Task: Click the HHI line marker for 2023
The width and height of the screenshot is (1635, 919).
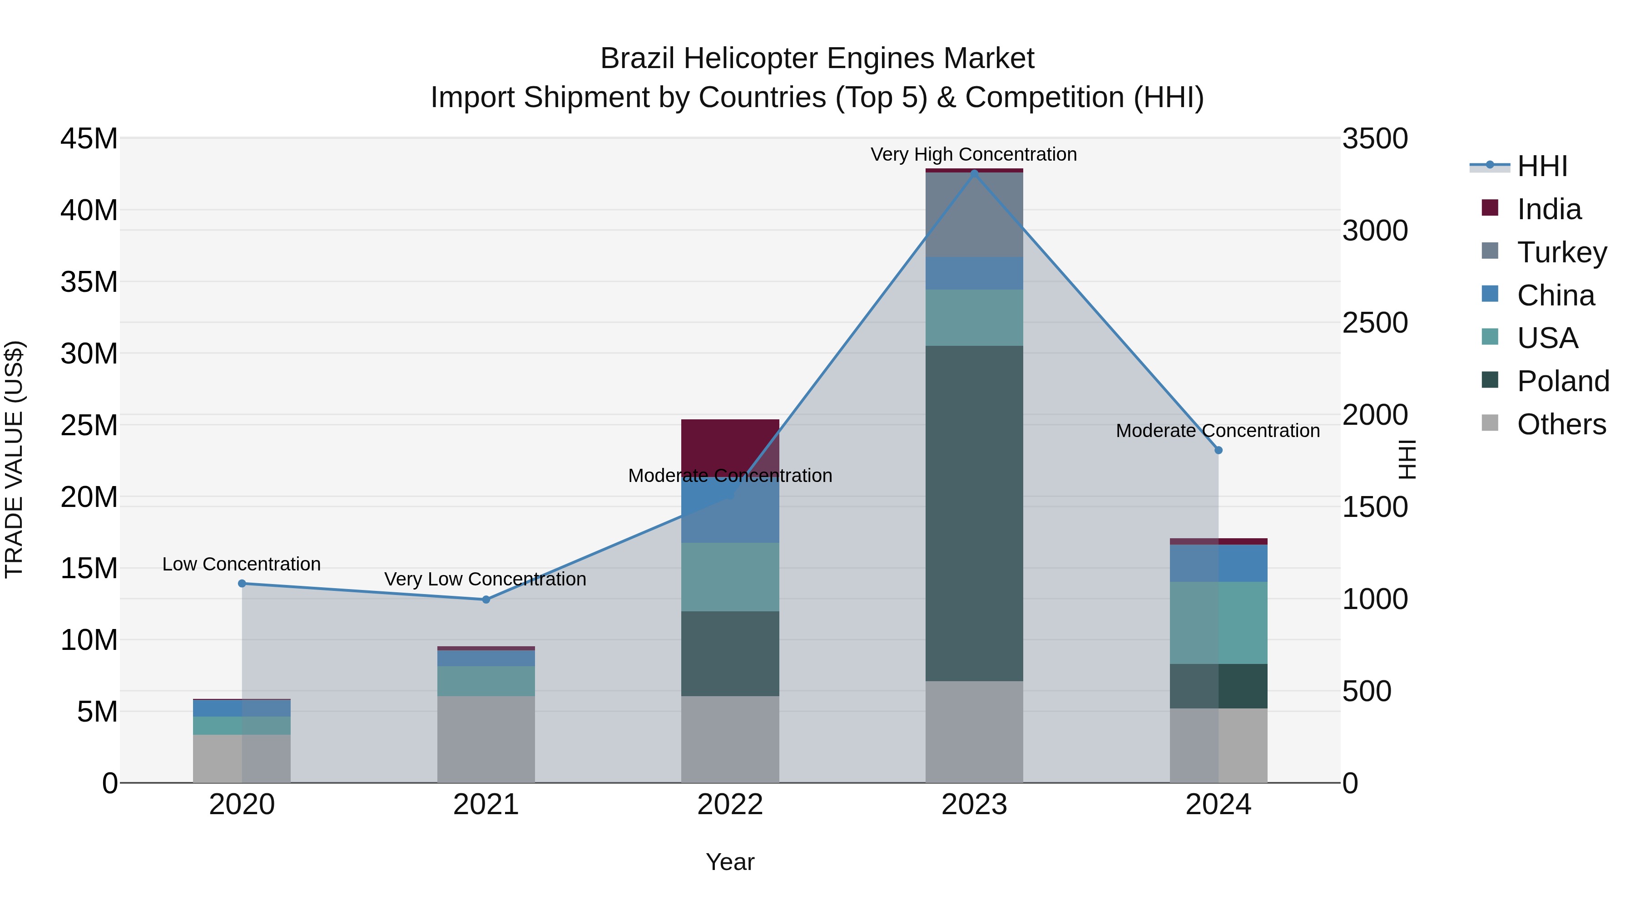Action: pyautogui.click(x=974, y=173)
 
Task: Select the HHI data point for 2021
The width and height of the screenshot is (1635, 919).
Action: pyautogui.click(x=486, y=600)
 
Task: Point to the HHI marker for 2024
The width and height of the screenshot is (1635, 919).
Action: pyautogui.click(x=1218, y=450)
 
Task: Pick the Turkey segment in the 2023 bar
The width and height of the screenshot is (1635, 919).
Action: pyautogui.click(x=974, y=214)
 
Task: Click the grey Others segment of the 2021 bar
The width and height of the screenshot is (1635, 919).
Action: pyautogui.click(x=486, y=739)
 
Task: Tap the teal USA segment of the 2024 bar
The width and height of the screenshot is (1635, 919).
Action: pyautogui.click(x=1218, y=622)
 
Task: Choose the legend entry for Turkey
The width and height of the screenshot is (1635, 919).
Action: pyautogui.click(x=1561, y=252)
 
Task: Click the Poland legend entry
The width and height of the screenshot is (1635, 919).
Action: pyautogui.click(x=1563, y=381)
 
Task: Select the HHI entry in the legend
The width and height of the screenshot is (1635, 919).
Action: pyautogui.click(x=1542, y=166)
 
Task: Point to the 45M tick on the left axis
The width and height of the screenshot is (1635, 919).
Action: pyautogui.click(x=89, y=138)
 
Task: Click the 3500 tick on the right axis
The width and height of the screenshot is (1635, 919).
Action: pyautogui.click(x=1375, y=138)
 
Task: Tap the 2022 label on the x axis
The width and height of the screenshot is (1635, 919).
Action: pyautogui.click(x=730, y=805)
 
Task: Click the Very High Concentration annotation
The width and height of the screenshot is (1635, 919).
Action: pyautogui.click(x=974, y=154)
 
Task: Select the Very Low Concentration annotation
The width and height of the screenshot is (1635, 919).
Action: pyautogui.click(x=485, y=579)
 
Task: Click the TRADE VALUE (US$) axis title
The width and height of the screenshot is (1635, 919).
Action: pyautogui.click(x=14, y=459)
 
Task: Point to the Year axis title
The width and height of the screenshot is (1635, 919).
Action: pyautogui.click(x=730, y=862)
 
